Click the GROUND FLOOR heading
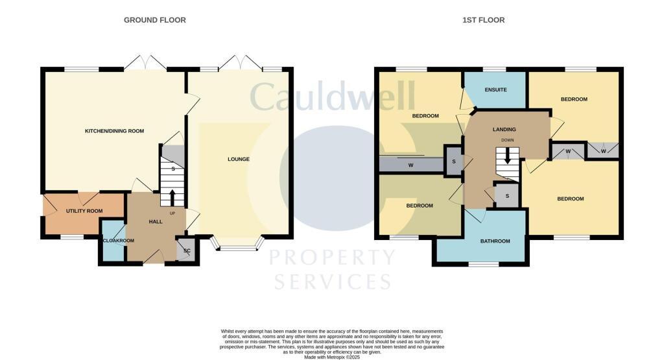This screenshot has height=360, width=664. click(x=155, y=20)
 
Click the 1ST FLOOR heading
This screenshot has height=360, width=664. click(x=483, y=20)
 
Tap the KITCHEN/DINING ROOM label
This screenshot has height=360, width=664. click(x=114, y=131)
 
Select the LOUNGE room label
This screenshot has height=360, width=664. click(x=238, y=159)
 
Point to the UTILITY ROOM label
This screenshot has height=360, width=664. click(x=84, y=211)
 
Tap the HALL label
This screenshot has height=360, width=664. click(x=156, y=222)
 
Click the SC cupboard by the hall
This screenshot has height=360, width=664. click(x=187, y=251)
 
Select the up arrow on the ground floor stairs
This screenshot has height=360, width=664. click(x=172, y=197)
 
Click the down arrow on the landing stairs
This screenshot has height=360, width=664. click(x=508, y=157)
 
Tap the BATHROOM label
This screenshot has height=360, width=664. click(x=495, y=241)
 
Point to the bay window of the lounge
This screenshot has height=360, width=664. click(x=238, y=247)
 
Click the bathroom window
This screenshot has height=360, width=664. click(x=484, y=264)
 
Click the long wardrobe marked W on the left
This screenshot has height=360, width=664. click(x=410, y=165)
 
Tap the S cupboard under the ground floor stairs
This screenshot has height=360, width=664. click(x=172, y=168)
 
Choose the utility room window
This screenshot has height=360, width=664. click(x=72, y=237)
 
